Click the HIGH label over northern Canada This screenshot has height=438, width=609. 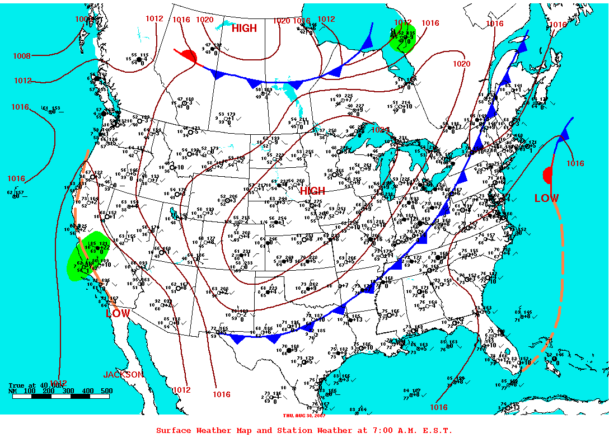pos(244,29)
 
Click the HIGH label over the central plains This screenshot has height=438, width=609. pos(312,191)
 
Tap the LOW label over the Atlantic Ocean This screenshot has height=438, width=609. pos(546,198)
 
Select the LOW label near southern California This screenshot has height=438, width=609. pos(118,313)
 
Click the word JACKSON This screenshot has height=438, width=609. pos(123,374)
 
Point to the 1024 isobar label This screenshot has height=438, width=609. pos(380,130)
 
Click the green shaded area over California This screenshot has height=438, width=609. pos(87,257)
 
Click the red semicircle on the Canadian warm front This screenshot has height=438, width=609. pos(189,56)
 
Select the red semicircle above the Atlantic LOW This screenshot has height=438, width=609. pos(547,175)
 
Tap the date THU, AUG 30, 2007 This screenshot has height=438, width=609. pos(304,415)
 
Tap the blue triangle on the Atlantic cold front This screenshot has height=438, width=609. pos(564,134)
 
